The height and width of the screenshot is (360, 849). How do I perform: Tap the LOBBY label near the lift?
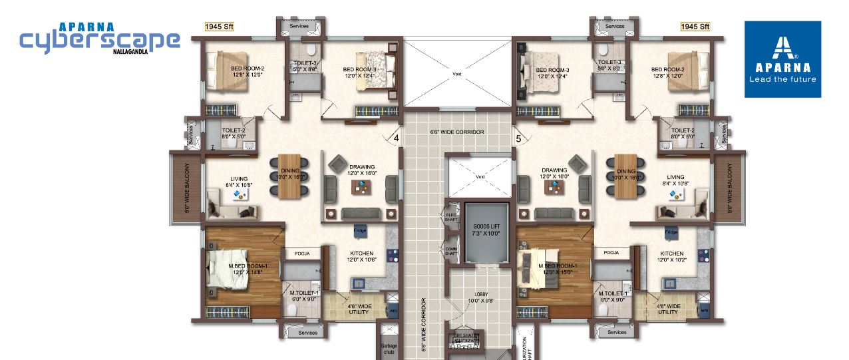[480, 297]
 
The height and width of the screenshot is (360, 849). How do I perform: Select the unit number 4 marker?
[397, 138]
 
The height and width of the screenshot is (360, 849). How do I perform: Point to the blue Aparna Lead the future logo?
[782, 59]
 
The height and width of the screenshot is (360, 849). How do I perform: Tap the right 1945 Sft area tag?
[695, 27]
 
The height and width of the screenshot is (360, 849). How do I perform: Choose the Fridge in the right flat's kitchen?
[671, 232]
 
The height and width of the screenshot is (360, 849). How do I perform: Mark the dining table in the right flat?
[626, 176]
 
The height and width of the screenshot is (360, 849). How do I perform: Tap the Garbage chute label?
[389, 349]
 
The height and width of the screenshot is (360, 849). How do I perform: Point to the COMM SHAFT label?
[451, 250]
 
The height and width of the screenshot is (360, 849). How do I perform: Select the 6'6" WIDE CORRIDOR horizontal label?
[456, 132]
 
